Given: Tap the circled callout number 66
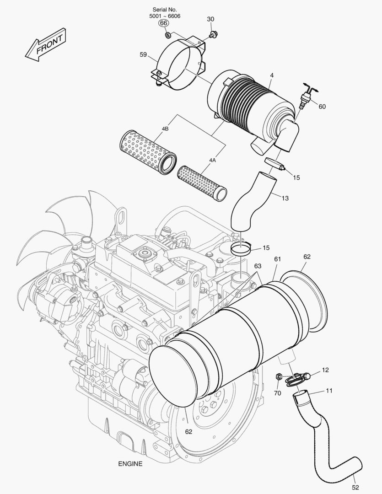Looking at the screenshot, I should [x=164, y=23].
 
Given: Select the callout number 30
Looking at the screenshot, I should [x=210, y=19].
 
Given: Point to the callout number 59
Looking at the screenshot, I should [x=143, y=55].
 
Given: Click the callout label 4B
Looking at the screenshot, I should [x=165, y=129].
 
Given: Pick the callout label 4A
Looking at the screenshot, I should [x=212, y=160].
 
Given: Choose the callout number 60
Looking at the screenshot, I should [x=322, y=107].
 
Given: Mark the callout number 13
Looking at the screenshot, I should [x=285, y=198].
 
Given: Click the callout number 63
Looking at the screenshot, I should [x=258, y=266].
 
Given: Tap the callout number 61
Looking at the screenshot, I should [x=278, y=259].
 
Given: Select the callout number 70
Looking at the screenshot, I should [x=277, y=392].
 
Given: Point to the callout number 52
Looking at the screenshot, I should [x=355, y=488].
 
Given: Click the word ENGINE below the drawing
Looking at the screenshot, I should [x=130, y=463].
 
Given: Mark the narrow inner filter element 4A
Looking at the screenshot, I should [x=202, y=183].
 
